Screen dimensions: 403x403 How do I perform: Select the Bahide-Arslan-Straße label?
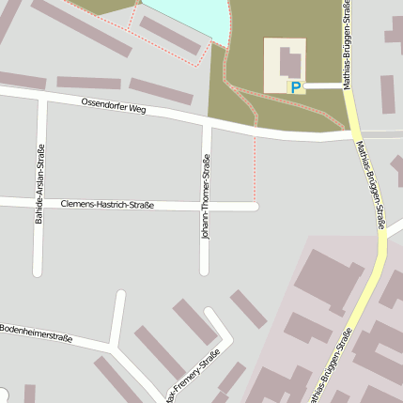[x=39, y=184]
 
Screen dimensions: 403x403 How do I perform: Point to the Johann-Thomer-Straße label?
[x=206, y=198]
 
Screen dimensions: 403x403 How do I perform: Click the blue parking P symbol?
[x=296, y=87]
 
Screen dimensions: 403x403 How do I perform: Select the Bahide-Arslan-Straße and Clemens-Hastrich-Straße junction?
[x=39, y=202]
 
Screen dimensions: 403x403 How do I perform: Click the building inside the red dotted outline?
[x=169, y=36]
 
